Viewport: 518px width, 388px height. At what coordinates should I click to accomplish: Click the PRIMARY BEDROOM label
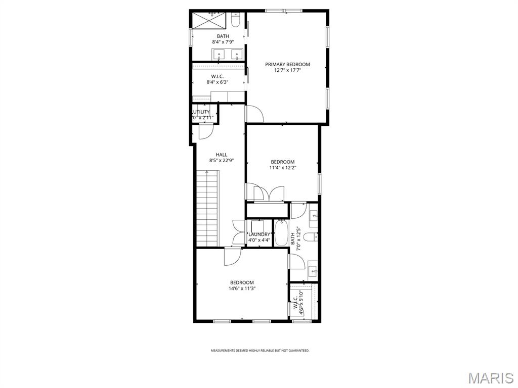287,64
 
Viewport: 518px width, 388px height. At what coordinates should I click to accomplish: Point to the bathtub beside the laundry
281,232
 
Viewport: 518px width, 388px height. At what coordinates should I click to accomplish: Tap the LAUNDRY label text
259,234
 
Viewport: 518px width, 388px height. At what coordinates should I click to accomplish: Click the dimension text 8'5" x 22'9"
222,161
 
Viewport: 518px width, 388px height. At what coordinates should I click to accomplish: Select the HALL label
222,155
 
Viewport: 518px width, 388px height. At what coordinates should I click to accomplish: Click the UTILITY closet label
202,112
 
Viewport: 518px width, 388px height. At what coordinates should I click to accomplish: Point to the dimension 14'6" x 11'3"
242,288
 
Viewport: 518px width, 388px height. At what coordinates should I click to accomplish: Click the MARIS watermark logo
490,377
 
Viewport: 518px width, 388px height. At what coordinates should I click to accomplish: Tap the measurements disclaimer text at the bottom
260,350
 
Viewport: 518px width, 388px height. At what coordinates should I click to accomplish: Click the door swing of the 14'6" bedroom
233,257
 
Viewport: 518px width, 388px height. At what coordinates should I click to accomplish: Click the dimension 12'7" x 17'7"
287,70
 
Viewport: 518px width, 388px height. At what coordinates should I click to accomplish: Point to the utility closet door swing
206,131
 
